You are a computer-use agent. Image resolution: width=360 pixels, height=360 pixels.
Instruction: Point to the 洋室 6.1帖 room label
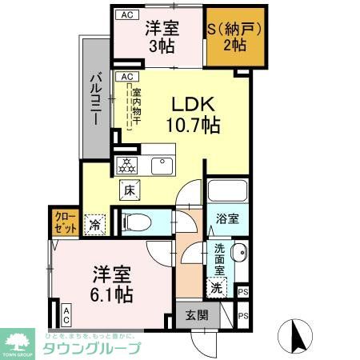pyautogui.click(x=111, y=285)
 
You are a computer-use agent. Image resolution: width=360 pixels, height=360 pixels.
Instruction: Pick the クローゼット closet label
pyautogui.click(x=65, y=221)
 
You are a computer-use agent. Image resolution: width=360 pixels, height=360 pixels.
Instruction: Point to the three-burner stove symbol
pyautogui.click(x=128, y=166)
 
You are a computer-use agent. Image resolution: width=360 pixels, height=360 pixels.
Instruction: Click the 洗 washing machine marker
pyautogui.click(x=215, y=286)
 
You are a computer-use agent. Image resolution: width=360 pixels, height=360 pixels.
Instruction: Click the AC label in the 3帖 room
pyautogui.click(x=126, y=14)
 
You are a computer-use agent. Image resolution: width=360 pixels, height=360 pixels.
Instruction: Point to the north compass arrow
pyautogui.click(x=296, y=336)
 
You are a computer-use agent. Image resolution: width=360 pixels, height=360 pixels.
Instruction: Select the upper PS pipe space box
pyautogui.click(x=242, y=292)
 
